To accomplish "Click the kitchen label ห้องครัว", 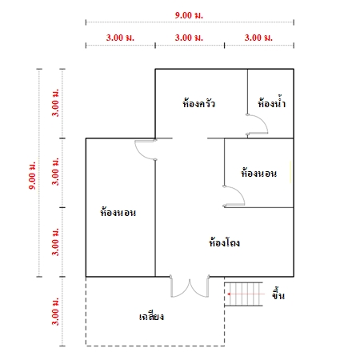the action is pos(198,102).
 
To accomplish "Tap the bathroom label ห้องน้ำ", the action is pos(272,102).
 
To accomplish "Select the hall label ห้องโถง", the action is pos(224,242).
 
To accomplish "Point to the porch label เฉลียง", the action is pos(151,316).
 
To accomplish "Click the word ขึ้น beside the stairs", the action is pos(278,294).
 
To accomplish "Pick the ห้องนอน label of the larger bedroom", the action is pos(118,212).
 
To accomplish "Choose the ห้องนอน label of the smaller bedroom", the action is pos(259,173).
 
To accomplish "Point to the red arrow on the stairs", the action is pos(246,294).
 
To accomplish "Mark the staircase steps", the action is pos(243,294).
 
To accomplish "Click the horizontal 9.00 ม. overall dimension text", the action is pos(189,15).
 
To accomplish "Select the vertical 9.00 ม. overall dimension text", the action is pos(32,175).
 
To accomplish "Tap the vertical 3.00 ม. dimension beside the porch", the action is pos(55,311).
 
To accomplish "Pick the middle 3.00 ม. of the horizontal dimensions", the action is pos(189,38).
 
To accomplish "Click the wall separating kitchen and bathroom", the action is pos(247,92).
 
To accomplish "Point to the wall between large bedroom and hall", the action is pos(155,218).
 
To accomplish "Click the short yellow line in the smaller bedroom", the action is pos(290,172).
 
